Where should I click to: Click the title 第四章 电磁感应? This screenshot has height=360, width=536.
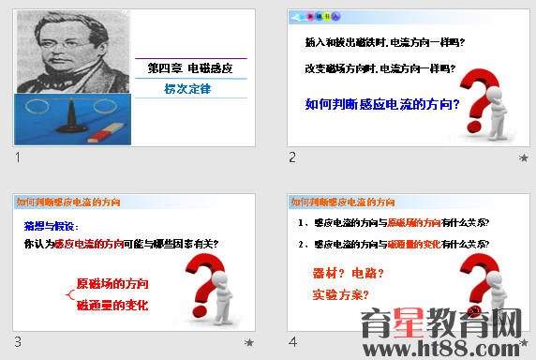tap(190, 69)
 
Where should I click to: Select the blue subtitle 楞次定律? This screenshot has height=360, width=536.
tap(187, 89)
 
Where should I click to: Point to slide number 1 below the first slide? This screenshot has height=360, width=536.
tap(18, 157)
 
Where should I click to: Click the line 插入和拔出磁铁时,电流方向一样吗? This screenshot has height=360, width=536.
tap(385, 43)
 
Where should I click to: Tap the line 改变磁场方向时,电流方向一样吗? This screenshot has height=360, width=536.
tap(385, 68)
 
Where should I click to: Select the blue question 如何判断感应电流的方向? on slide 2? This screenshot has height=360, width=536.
tap(382, 103)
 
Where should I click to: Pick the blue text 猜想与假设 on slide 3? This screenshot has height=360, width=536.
tap(52, 226)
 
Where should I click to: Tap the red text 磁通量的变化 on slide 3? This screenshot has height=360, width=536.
tap(112, 305)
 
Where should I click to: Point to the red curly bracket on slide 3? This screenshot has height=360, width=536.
tap(68, 294)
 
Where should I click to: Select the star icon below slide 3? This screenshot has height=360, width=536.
tap(249, 344)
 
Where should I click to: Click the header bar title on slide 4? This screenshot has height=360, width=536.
tap(342, 202)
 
